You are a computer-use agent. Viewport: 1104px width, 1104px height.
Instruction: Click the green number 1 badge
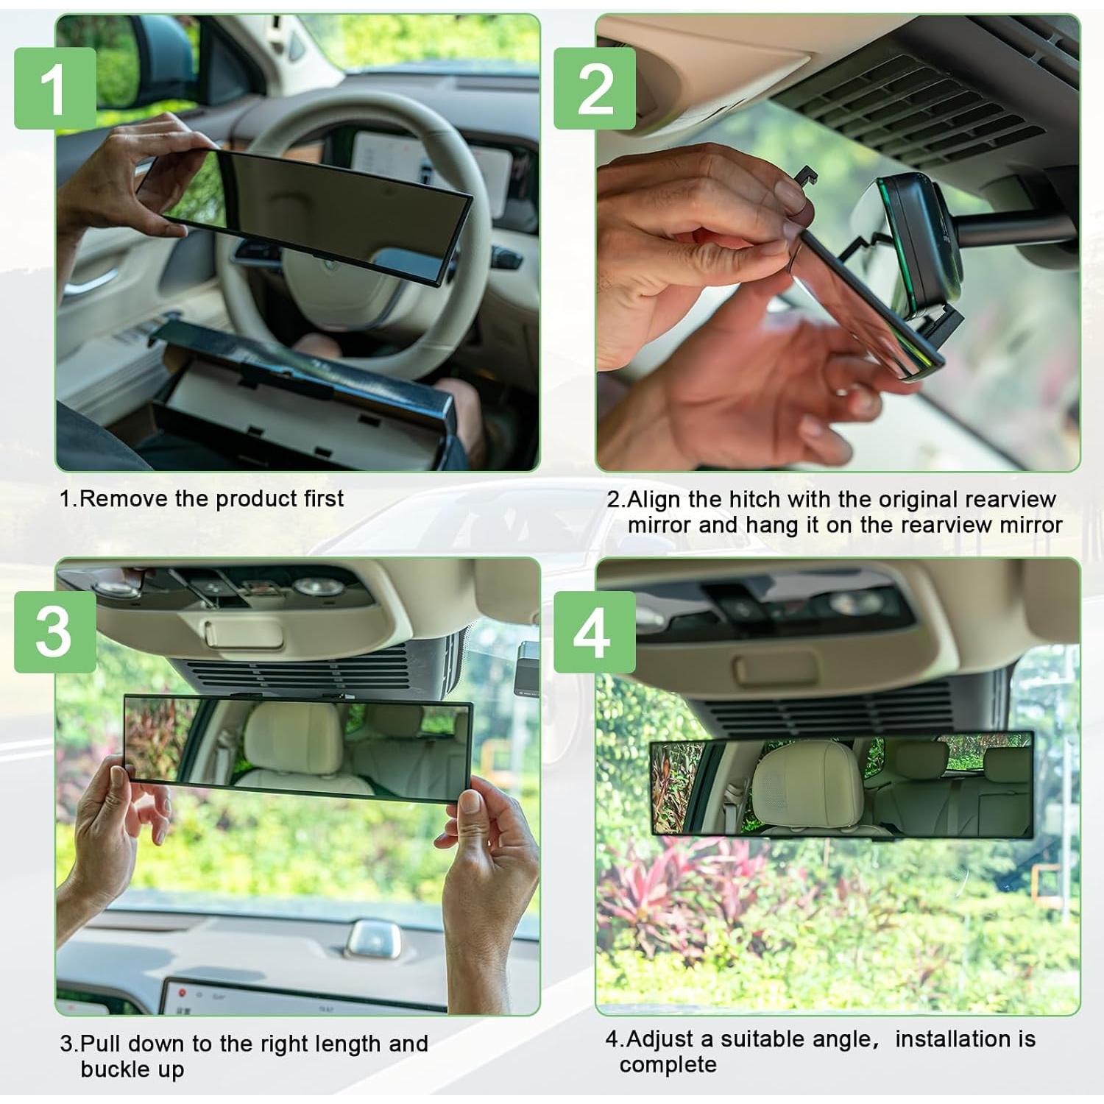click(x=55, y=88)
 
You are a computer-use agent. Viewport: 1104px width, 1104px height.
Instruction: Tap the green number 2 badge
click(x=595, y=88)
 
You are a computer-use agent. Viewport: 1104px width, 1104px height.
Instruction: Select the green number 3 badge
click(x=55, y=631)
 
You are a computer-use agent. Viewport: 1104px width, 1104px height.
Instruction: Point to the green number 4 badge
click(x=595, y=631)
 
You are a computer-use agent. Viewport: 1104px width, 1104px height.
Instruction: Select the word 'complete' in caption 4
click(x=668, y=1065)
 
